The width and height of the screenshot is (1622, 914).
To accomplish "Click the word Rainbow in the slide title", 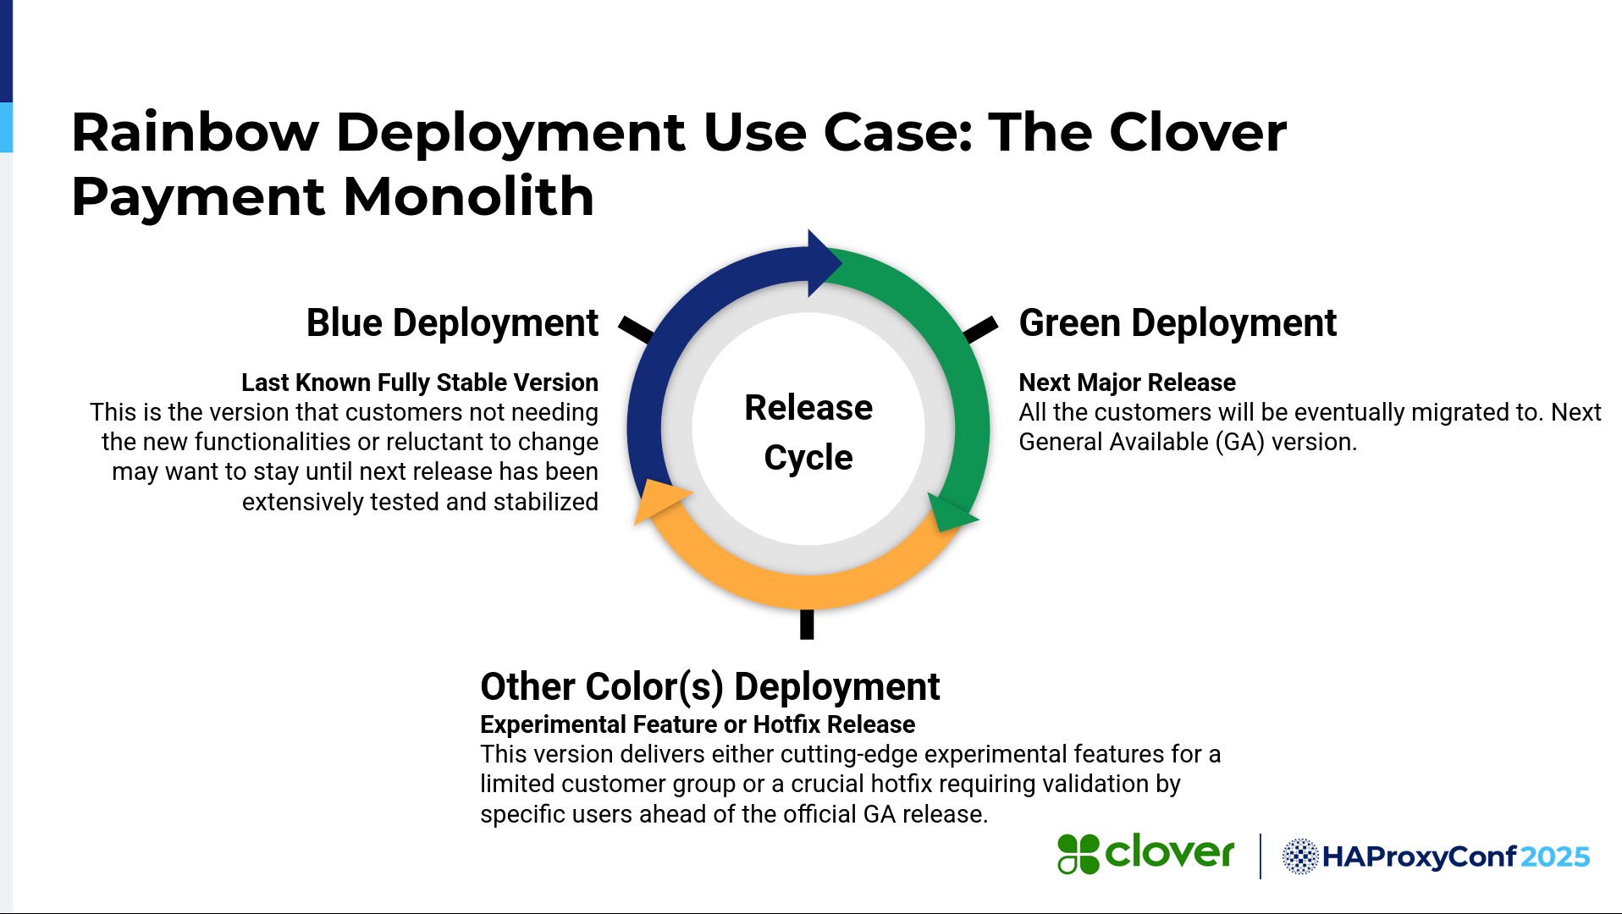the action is [x=195, y=133].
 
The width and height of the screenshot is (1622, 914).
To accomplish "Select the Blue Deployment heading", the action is [x=452, y=323].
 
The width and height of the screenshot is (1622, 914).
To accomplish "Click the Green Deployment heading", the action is [x=1178, y=323].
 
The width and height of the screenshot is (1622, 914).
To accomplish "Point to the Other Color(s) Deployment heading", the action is [x=709, y=686].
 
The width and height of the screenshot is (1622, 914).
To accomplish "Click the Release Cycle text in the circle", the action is [x=808, y=432].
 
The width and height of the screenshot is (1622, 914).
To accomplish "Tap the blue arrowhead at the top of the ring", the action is [x=823, y=263].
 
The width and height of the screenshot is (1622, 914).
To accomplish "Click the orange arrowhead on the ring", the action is [x=659, y=500].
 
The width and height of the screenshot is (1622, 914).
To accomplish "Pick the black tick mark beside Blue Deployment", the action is [x=637, y=329].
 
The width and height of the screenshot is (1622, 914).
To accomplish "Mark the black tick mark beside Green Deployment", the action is [x=980, y=329].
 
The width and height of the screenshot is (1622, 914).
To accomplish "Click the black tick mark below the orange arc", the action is [x=807, y=625].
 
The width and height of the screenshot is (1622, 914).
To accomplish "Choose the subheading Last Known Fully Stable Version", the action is [x=420, y=383].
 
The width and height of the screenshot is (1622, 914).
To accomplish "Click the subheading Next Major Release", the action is [x=1127, y=383].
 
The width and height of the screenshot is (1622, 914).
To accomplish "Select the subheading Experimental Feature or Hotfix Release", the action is [x=698, y=724].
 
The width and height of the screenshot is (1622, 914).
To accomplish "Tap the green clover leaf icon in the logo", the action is [x=1078, y=854].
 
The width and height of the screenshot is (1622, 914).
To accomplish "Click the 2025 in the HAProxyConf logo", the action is [x=1555, y=857].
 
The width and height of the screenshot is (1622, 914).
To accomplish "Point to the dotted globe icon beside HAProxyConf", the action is [x=1300, y=856].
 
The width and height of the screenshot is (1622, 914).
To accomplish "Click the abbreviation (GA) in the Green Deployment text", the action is [x=1239, y=443].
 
